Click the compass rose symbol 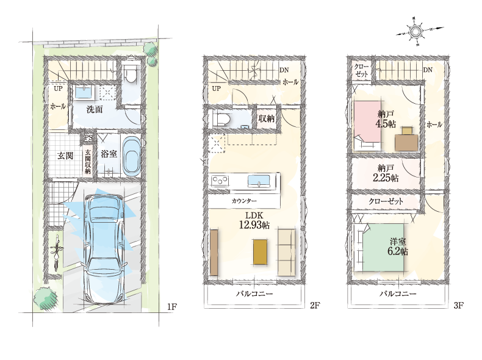pos(417,31)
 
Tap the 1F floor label pos(172,306)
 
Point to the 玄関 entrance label pos(65,156)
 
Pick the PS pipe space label pos(88,137)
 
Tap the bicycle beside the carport pos(57,252)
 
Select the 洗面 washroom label pos(95,109)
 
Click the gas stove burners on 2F pos(220,180)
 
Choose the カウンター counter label pos(244,201)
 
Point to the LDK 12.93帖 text pos(254,221)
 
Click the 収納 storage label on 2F pos(266,118)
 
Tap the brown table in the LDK pos(260,252)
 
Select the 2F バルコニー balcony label pos(254,294)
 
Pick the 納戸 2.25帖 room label pos(386,173)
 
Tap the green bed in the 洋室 pos(384,248)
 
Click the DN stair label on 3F pos(428,70)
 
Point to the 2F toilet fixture pos(222,118)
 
